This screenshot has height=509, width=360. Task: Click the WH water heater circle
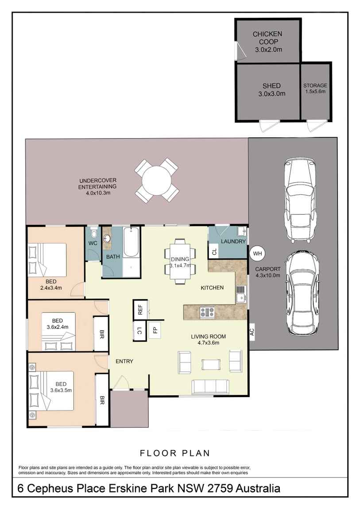tap(257, 254)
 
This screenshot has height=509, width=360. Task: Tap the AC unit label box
tap(252, 332)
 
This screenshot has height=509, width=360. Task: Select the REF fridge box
tap(140, 310)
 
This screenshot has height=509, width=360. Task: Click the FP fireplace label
tap(155, 330)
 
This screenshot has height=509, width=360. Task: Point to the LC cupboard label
tap(139, 331)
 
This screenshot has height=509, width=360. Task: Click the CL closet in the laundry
tap(214, 251)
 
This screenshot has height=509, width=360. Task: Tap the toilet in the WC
tap(93, 233)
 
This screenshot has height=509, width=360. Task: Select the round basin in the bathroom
tap(107, 239)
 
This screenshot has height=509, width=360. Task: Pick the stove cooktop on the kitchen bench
tap(207, 312)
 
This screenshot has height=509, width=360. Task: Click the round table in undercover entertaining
tap(157, 181)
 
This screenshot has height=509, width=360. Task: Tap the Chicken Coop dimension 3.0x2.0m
tap(268, 50)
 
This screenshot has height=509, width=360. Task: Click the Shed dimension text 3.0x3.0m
tap(272, 94)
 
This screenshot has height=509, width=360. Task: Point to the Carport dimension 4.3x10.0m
tap(268, 276)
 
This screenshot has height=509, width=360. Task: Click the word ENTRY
tap(124, 361)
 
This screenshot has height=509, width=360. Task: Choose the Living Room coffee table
tap(211, 364)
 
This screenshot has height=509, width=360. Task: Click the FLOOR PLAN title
tap(174, 453)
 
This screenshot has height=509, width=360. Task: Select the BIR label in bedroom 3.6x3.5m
tap(102, 400)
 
